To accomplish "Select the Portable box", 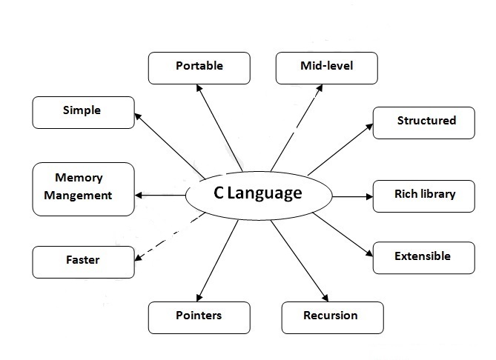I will point(199,67).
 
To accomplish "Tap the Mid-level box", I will point(326,67).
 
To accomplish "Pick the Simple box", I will point(83,112).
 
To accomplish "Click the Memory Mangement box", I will point(83,189).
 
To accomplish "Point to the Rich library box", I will point(423,196).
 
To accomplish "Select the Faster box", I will point(83,261).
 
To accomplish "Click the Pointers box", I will point(199,317).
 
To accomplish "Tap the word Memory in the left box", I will point(79,179).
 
